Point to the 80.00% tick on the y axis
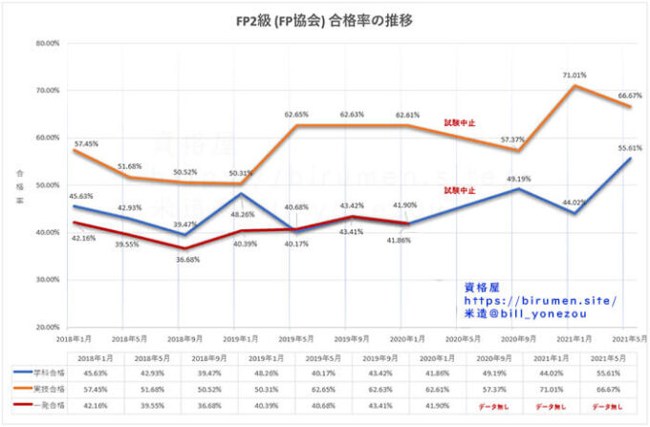coord(47,43)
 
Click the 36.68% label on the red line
coord(186,260)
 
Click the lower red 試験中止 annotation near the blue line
coord(460,191)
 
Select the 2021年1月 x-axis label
coord(574,340)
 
